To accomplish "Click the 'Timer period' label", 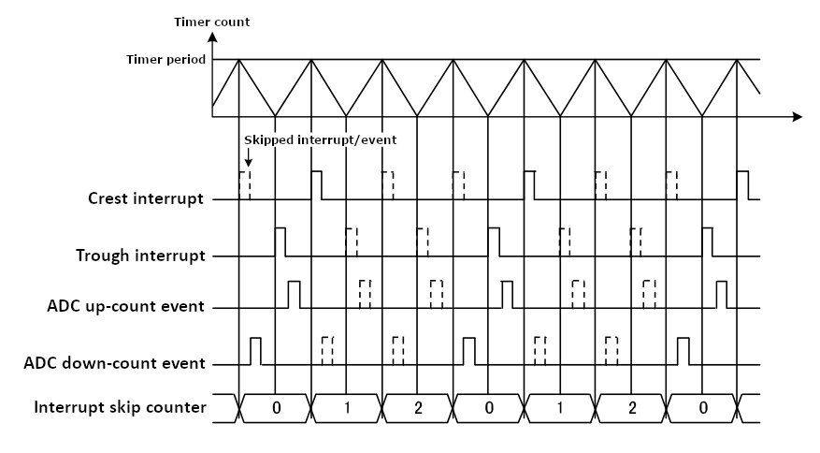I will click(x=165, y=59).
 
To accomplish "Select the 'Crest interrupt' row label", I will click(x=146, y=198).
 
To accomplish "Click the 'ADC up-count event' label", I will click(x=125, y=306).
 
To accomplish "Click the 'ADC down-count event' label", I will click(x=115, y=362).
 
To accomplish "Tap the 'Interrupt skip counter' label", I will click(x=120, y=407).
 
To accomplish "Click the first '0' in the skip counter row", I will click(x=276, y=408).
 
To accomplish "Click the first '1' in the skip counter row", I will click(x=348, y=408).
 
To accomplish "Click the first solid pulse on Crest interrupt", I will click(x=317, y=185).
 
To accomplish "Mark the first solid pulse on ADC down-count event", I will click(x=255, y=350).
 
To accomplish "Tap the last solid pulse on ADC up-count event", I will click(x=721, y=294).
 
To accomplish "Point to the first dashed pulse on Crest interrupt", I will click(x=245, y=185).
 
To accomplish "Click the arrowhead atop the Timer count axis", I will click(x=212, y=37).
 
